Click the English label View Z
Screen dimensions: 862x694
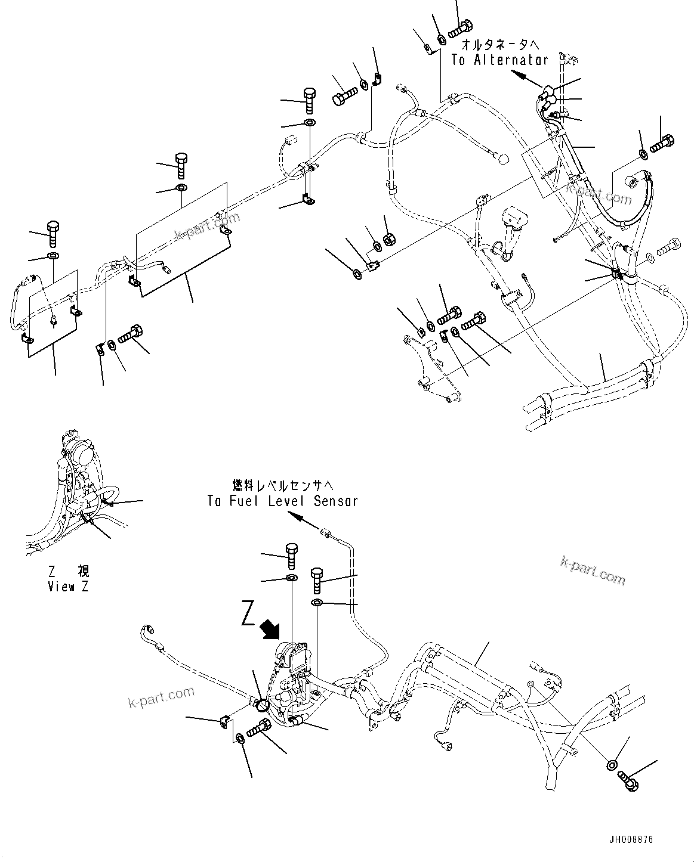click(x=69, y=587)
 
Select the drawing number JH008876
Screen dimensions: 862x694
click(x=631, y=839)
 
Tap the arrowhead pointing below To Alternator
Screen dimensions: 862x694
click(x=519, y=76)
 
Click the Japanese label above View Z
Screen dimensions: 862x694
click(x=69, y=572)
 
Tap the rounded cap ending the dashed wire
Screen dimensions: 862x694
click(x=502, y=158)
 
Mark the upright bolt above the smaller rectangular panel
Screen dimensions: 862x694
click(x=51, y=234)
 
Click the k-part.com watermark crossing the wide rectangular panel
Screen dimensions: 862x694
click(x=205, y=227)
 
